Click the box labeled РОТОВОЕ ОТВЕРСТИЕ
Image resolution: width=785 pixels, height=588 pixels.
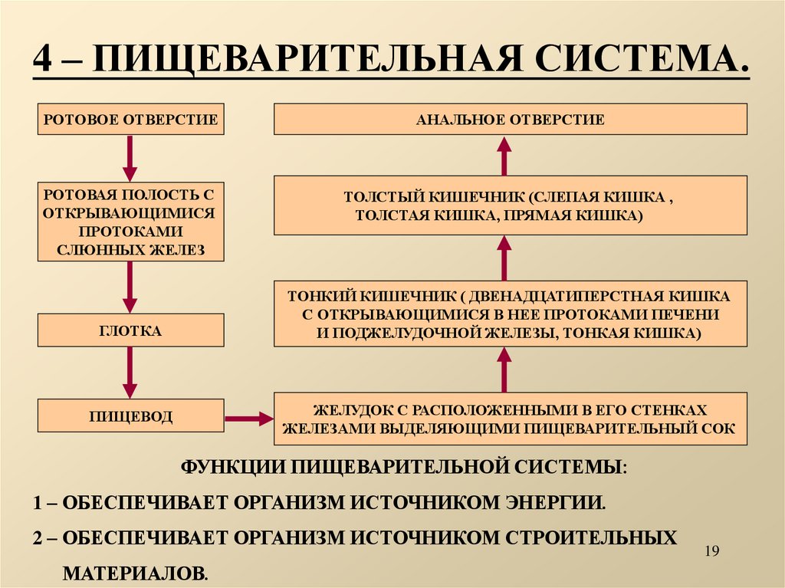click(130, 120)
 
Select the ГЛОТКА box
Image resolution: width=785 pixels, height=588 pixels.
click(130, 330)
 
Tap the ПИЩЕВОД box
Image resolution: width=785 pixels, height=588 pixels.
click(130, 417)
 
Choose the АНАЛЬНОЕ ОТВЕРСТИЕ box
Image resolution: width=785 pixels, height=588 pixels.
click(510, 120)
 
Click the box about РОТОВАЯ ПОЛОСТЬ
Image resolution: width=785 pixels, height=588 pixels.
click(130, 222)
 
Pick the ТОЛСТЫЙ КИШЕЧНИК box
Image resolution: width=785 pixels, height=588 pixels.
click(510, 205)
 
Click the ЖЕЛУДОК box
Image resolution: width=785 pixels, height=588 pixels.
click(510, 419)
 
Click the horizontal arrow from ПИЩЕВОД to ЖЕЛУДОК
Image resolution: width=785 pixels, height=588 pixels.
click(249, 419)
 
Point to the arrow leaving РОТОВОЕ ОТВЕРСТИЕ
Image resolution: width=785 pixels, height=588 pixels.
click(130, 158)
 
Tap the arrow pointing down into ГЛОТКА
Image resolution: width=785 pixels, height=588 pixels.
click(130, 287)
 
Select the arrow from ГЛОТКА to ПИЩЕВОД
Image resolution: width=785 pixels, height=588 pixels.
click(130, 373)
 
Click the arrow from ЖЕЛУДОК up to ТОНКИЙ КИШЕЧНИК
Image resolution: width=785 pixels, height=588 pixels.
click(504, 370)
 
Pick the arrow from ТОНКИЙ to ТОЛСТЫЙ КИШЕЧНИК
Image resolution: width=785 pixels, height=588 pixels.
click(504, 258)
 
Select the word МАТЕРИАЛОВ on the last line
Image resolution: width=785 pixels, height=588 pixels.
click(134, 572)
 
